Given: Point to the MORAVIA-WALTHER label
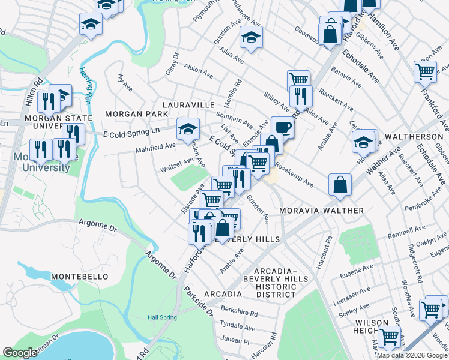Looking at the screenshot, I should tap(322, 211).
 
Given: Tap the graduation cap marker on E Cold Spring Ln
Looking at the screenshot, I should tap(188, 128).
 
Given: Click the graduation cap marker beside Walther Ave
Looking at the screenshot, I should tap(363, 142).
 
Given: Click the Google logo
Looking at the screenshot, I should tap(20, 352).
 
